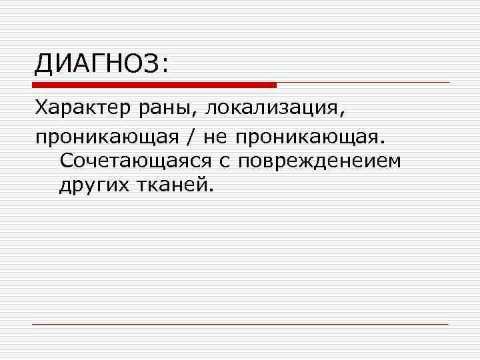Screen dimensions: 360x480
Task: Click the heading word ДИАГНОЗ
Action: coord(96,65)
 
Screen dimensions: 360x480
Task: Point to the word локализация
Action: coord(273,109)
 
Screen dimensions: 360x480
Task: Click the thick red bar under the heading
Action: coord(154,85)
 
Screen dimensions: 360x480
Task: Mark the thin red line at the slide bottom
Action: coord(240,324)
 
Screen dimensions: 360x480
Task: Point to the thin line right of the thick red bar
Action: coord(363,83)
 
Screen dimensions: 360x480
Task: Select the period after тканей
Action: coord(213,191)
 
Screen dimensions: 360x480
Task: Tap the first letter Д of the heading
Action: coord(44,65)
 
